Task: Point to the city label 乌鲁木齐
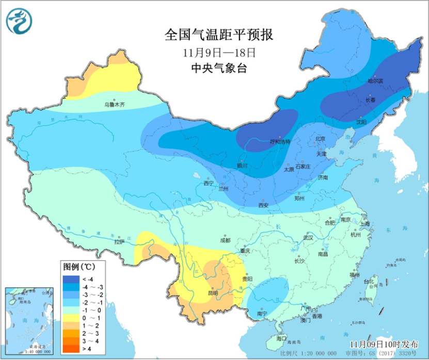click(x=114, y=104)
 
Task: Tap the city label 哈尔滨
click(x=375, y=81)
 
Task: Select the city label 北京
click(x=320, y=139)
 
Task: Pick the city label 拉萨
click(x=119, y=241)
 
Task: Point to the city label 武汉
click(x=309, y=238)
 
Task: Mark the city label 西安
click(x=263, y=205)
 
